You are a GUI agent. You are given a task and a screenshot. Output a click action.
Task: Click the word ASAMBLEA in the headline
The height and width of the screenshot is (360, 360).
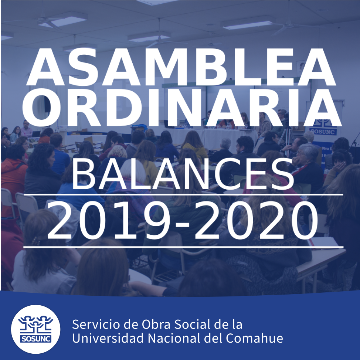[x=181, y=67]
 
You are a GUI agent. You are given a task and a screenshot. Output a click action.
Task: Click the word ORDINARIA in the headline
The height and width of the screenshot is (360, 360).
[x=182, y=108]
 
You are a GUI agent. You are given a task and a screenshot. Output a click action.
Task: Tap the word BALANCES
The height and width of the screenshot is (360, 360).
[x=183, y=174]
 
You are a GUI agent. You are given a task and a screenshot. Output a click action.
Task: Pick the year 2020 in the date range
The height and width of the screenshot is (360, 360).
[x=256, y=221]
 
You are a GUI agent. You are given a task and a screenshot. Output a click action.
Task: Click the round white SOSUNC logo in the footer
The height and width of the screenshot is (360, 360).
[x=35, y=329]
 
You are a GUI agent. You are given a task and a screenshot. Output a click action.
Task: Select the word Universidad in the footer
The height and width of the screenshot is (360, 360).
[x=108, y=338]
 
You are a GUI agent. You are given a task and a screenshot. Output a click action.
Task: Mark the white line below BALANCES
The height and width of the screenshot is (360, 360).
[x=183, y=195]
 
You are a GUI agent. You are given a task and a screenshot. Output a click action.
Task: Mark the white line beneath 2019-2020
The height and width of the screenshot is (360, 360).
[x=183, y=247]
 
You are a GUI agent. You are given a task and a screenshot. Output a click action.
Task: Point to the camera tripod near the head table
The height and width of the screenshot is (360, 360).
[x=286, y=138]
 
